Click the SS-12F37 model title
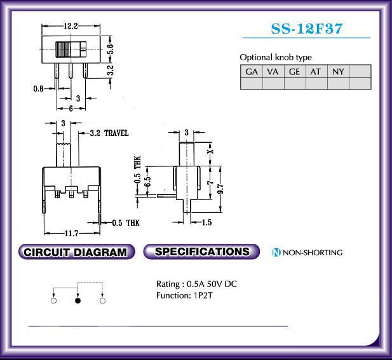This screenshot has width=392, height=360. point(306,29)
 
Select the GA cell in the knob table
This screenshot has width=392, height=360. point(251,72)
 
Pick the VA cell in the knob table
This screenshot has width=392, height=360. point(273,72)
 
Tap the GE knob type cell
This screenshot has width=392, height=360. point(295,72)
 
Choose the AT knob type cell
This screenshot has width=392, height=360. point(316,72)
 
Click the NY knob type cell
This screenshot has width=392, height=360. point(338,72)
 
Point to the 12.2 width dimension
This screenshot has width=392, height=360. point(71,26)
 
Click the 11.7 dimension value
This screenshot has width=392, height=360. point(72,234)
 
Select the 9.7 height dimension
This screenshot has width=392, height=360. point(220,189)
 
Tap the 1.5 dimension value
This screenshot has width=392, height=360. point(206,222)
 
